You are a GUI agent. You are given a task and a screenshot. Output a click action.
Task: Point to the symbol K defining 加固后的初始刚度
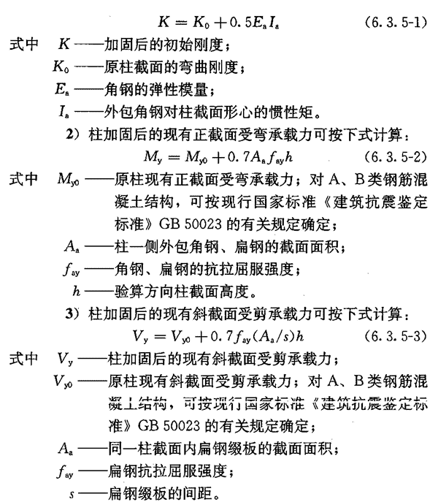[63, 46]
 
